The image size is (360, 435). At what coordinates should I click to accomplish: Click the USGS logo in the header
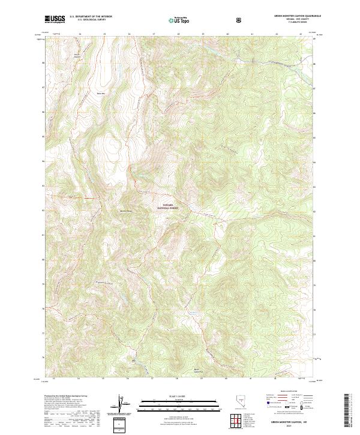[55, 19]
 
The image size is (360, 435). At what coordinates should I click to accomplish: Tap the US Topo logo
[179, 20]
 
